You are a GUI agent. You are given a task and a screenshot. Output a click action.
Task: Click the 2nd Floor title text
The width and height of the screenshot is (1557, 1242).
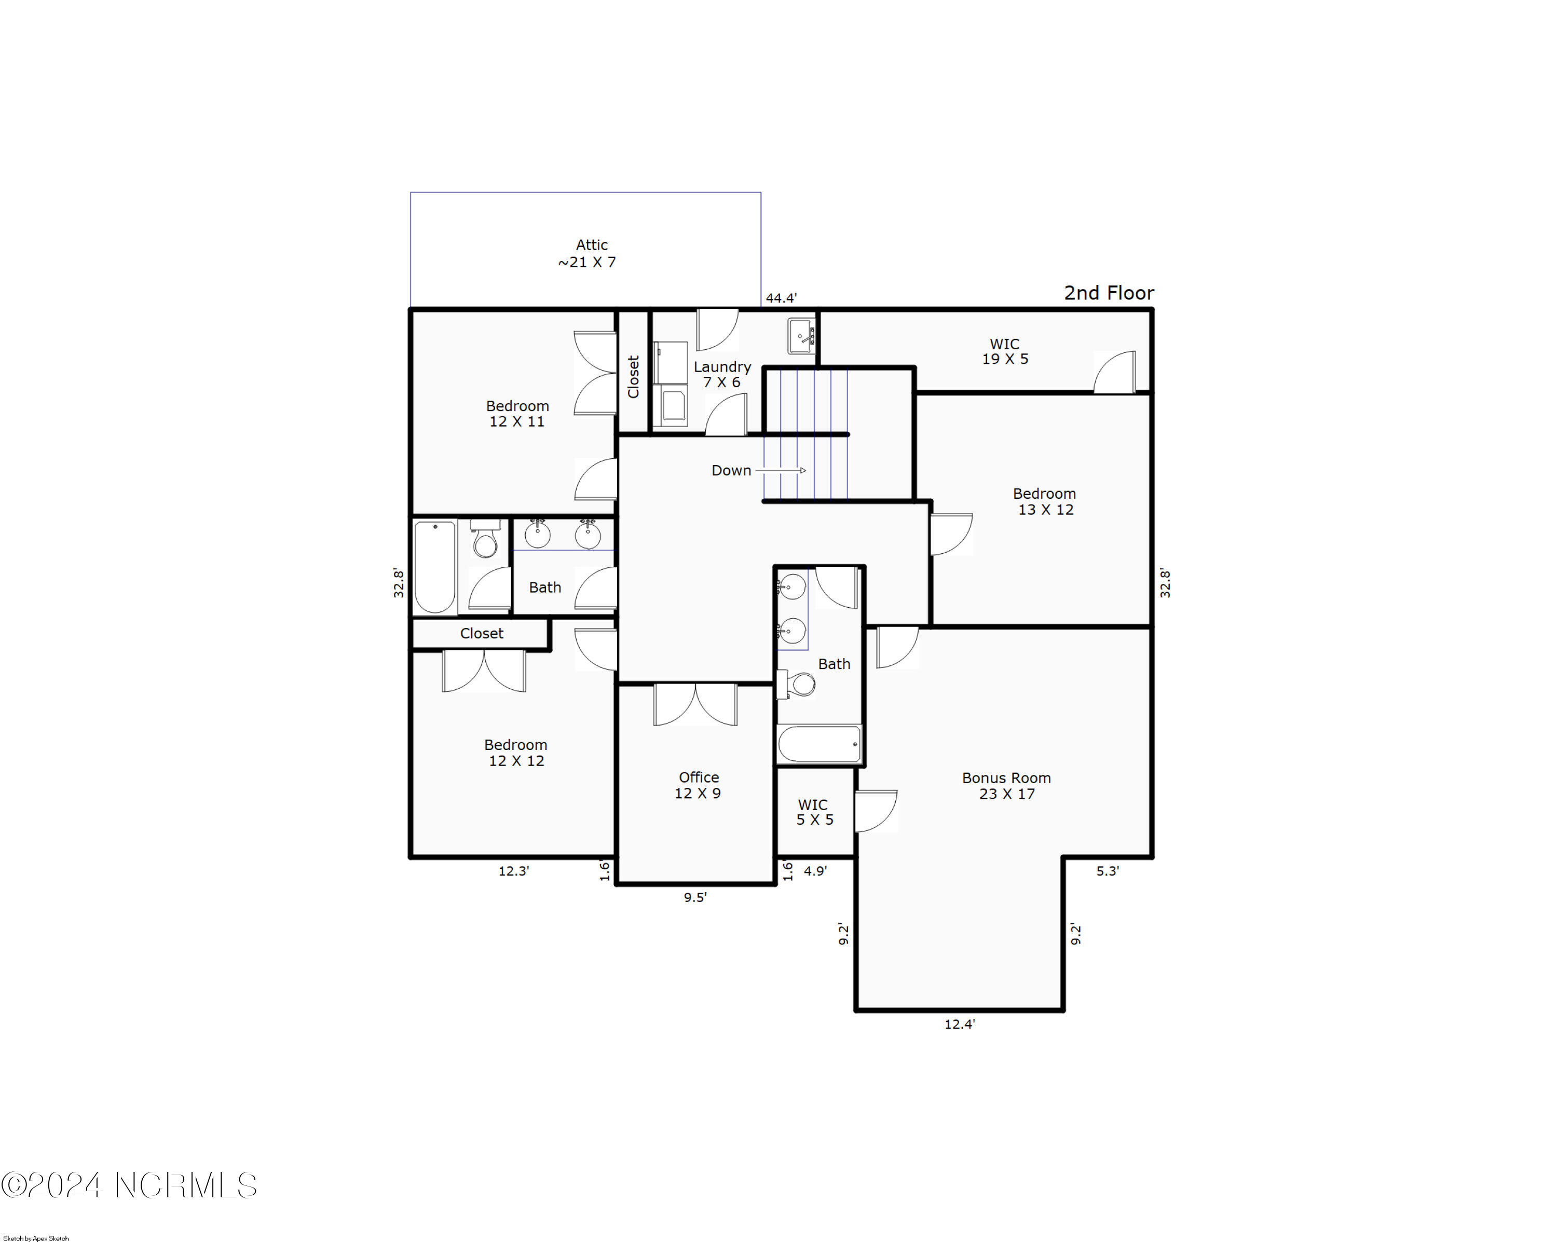click(1109, 293)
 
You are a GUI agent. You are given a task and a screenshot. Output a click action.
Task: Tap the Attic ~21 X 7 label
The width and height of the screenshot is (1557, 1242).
click(588, 253)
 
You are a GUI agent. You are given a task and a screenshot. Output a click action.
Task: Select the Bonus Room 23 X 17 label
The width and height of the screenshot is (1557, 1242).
click(1006, 786)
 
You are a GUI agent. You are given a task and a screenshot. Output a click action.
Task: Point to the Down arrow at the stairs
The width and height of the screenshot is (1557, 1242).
click(781, 470)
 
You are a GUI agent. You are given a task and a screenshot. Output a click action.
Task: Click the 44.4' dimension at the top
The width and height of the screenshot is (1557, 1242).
click(781, 297)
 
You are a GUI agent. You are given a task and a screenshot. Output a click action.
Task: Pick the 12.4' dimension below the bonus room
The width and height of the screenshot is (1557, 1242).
click(959, 1024)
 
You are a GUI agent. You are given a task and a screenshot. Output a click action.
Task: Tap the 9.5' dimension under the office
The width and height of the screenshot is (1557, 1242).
click(695, 897)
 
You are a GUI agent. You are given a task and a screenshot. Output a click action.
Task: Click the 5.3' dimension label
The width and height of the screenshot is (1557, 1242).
click(1107, 871)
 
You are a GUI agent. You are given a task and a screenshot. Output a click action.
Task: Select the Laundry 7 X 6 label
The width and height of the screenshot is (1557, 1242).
click(721, 374)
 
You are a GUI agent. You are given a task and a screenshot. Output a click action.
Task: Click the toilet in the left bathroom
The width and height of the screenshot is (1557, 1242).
click(485, 541)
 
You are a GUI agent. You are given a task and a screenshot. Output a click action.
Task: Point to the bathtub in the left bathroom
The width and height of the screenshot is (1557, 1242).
click(435, 567)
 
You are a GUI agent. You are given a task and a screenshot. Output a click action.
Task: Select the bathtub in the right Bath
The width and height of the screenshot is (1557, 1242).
click(819, 744)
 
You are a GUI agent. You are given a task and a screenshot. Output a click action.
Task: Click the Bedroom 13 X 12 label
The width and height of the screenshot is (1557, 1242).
click(1044, 501)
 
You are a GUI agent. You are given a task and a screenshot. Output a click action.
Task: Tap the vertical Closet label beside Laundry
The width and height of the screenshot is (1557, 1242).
click(633, 376)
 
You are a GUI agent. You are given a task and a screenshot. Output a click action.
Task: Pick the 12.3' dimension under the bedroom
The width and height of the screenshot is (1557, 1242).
click(513, 871)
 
